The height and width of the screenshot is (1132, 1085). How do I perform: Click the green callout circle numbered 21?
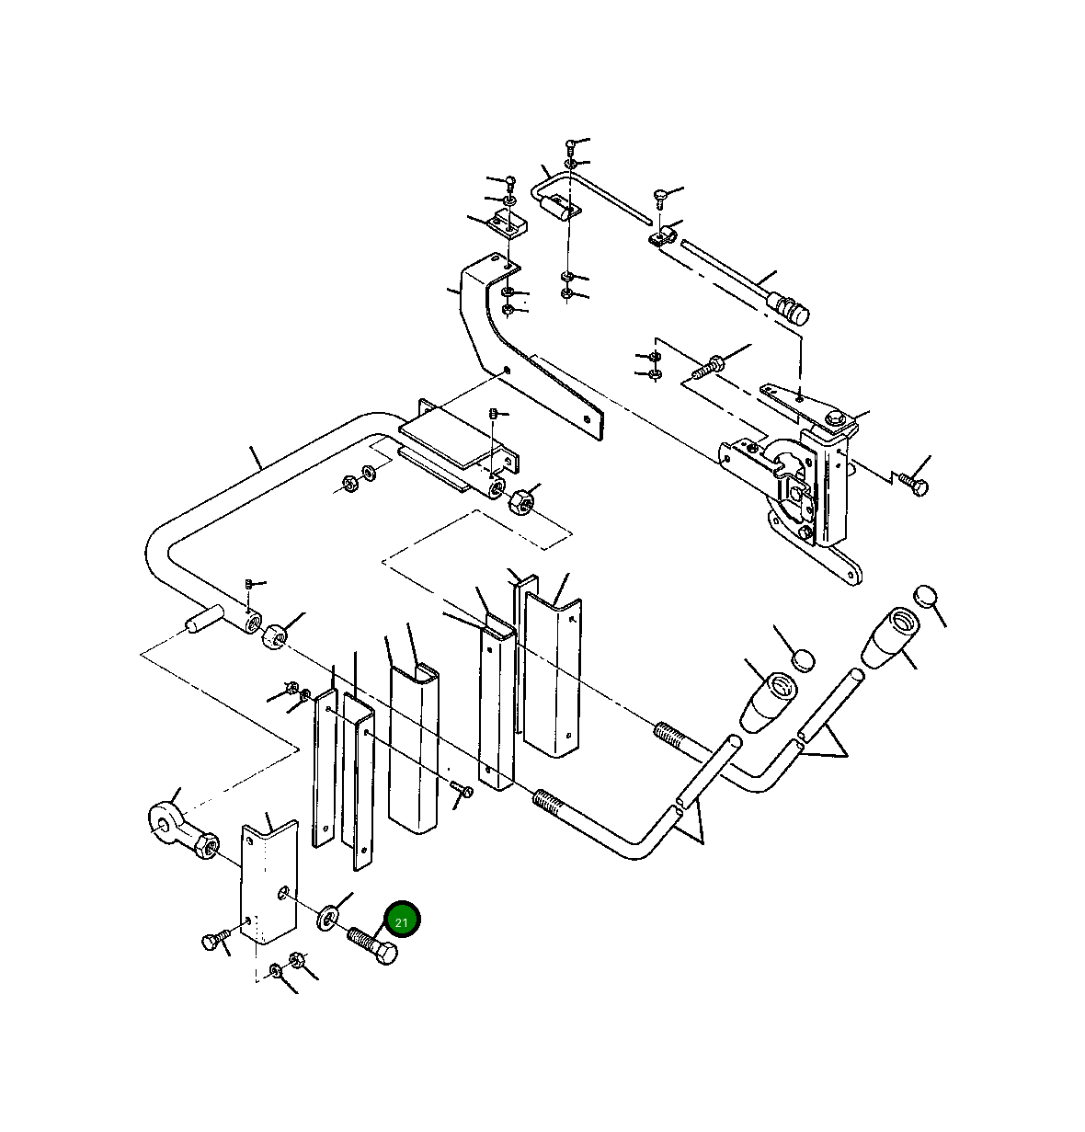402,920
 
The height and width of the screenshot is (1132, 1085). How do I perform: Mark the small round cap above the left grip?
803,658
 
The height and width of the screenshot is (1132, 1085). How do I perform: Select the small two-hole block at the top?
507,223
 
